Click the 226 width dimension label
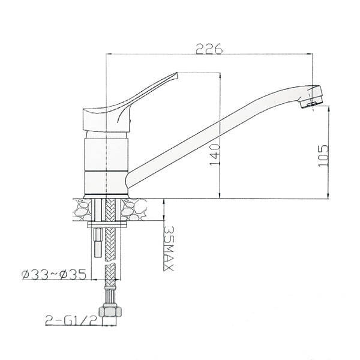click(x=209, y=48)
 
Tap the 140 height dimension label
click(x=215, y=155)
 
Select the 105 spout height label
click(x=323, y=156)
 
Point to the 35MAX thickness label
click(x=169, y=248)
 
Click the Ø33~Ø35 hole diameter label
click(x=54, y=275)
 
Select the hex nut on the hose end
click(x=110, y=311)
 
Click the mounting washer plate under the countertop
click(x=107, y=224)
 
